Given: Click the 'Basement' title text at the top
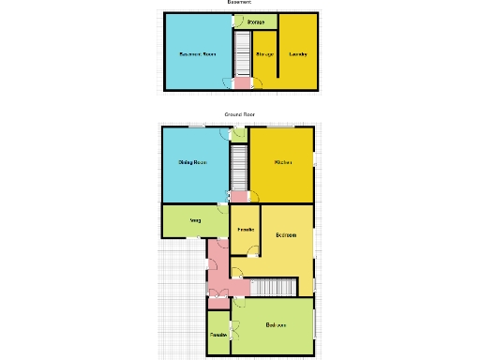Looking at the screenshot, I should click(239, 3).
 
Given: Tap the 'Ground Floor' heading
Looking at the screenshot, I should click(239, 114).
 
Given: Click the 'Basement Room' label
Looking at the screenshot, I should click(196, 53).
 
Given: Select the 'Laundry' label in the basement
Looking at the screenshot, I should click(298, 53).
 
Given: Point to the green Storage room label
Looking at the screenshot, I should click(255, 22).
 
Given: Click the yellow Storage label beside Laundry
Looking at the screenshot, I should click(264, 53).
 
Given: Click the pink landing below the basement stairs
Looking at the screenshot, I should click(242, 84).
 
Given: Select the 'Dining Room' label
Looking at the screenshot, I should click(192, 162).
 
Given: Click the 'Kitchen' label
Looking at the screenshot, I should click(282, 162).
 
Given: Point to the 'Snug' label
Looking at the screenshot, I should click(195, 221).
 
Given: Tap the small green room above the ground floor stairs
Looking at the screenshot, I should click(238, 135).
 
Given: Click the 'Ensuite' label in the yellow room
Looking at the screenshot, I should click(246, 230).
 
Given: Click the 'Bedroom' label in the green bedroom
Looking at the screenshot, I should click(276, 325).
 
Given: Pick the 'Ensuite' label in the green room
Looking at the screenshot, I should click(217, 335).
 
